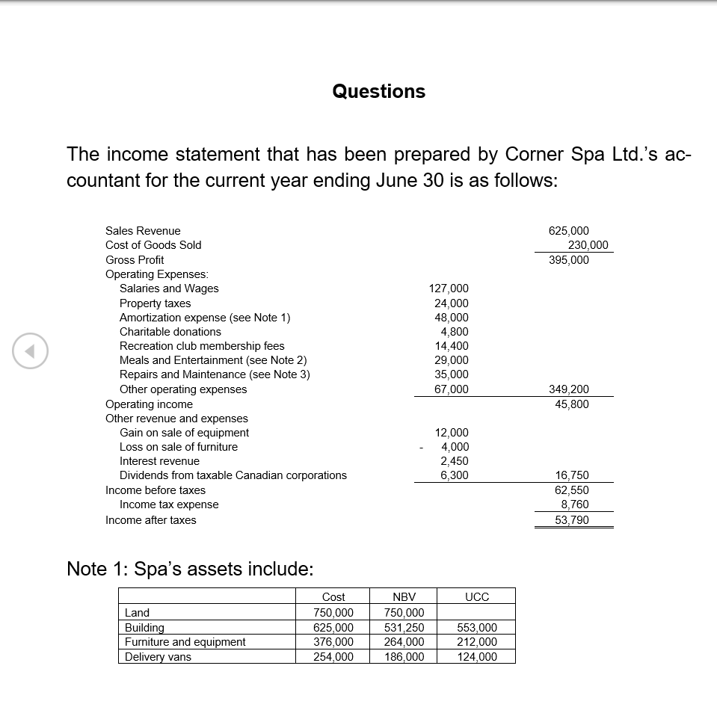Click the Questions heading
[378, 91]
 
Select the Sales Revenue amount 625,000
[568, 231]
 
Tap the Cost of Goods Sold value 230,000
[588, 245]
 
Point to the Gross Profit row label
[135, 260]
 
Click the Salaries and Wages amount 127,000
[449, 288]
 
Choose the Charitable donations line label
[170, 332]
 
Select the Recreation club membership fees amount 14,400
[452, 346]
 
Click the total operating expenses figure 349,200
[568, 389]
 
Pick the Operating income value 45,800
[571, 404]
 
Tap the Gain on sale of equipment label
[184, 433]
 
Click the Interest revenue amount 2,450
[454, 461]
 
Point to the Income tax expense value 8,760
[573, 504]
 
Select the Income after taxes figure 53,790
[571, 520]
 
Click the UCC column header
[476, 596]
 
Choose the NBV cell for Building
[404, 628]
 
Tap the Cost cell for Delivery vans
[333, 657]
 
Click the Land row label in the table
[138, 613]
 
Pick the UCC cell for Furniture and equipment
[476, 642]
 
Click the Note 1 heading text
[190, 569]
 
